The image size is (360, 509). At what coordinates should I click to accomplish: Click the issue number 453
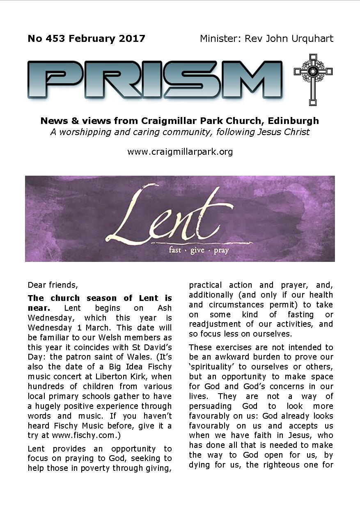pos(55,39)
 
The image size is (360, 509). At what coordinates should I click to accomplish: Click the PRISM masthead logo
pos(155,79)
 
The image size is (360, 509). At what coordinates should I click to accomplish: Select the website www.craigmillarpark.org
pos(180,151)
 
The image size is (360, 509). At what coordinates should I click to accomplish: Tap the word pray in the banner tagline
pos(221,250)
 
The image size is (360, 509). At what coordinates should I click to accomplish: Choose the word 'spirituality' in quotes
pos(214,367)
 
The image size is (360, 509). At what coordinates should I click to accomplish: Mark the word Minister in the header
pos(220,39)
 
